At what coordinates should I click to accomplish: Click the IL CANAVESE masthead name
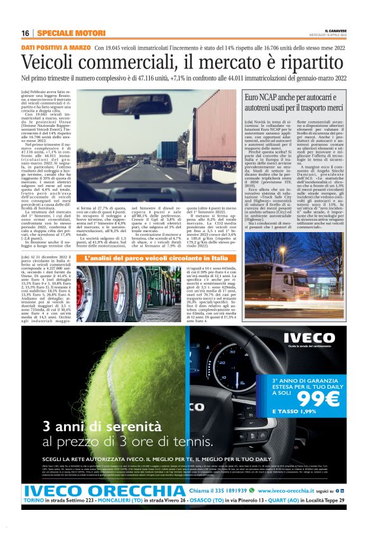[335, 30]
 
